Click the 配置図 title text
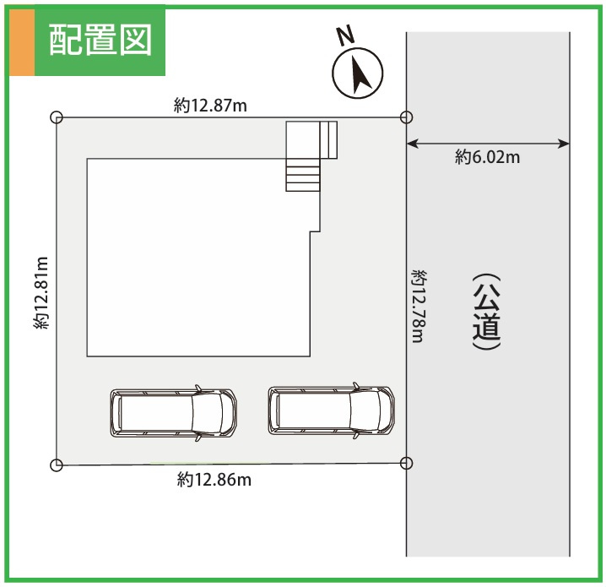(x=100, y=40)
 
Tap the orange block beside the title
(x=22, y=42)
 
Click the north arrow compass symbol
(x=358, y=73)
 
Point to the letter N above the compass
(x=345, y=35)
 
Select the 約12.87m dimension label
(x=210, y=106)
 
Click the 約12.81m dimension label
(x=41, y=293)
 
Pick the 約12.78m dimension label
(x=419, y=307)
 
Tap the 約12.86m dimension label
(x=214, y=480)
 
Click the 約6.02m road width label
(x=487, y=157)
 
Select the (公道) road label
(x=487, y=312)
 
